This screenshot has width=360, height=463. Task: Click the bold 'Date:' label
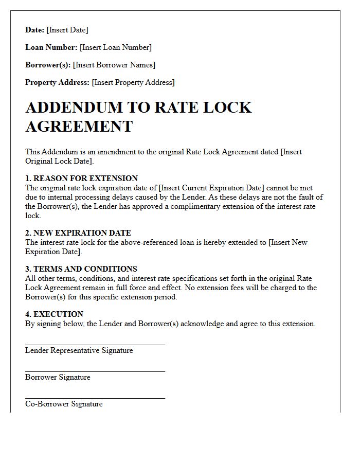tap(35, 30)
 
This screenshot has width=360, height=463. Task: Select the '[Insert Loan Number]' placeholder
tap(116, 47)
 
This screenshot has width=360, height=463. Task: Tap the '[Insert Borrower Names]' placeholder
tap(114, 65)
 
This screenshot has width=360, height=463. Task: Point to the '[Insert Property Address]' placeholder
tap(133, 82)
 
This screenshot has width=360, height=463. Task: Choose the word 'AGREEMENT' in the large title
tap(79, 126)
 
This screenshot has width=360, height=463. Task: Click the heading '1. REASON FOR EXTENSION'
tap(81, 179)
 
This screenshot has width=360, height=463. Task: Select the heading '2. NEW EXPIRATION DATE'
tap(78, 233)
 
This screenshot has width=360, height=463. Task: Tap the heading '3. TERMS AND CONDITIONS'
tap(81, 269)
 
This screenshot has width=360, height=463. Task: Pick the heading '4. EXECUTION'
tap(54, 314)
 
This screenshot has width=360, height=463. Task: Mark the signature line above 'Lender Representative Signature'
tap(95, 345)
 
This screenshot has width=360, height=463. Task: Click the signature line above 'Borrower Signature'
tap(95, 371)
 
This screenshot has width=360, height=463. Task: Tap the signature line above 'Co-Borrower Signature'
tap(95, 398)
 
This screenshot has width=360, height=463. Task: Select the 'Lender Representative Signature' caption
tap(79, 351)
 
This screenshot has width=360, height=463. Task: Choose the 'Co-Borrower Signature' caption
tap(64, 404)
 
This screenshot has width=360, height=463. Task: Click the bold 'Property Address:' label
tap(57, 82)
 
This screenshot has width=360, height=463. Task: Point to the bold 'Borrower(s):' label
tap(48, 65)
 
